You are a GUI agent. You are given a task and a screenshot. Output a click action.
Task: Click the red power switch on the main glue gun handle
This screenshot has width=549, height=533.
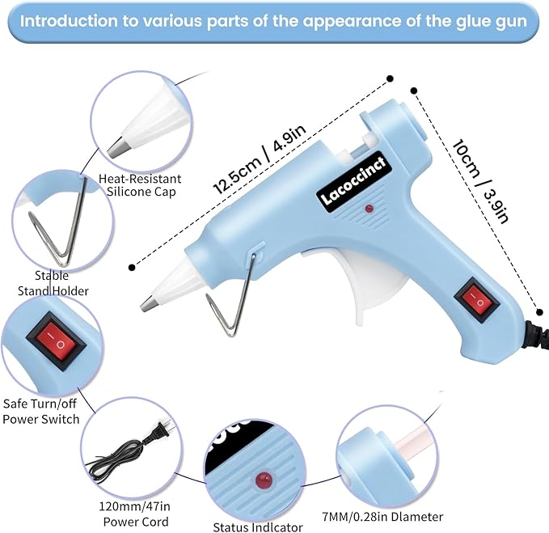[x=476, y=299]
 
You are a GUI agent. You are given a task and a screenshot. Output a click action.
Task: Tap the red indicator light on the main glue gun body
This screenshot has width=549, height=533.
[x=369, y=209]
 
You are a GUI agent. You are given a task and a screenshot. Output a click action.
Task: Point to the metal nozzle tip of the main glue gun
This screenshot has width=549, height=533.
[x=148, y=303]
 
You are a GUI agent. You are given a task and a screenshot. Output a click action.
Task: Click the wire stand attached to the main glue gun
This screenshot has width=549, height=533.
[x=231, y=295]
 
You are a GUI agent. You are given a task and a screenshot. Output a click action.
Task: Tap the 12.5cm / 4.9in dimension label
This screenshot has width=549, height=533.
[x=260, y=159]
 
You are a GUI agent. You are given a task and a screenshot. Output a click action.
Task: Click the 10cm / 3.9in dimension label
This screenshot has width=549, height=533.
[x=479, y=181]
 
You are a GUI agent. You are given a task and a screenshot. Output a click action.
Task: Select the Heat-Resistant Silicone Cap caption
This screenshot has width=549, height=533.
[x=140, y=185]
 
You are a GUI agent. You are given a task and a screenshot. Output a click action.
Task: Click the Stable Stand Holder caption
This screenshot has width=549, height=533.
[x=53, y=283]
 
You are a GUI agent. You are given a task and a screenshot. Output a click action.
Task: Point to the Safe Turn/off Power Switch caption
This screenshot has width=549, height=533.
[x=40, y=412]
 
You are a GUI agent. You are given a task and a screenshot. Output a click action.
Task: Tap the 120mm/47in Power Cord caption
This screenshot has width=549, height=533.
[x=135, y=514]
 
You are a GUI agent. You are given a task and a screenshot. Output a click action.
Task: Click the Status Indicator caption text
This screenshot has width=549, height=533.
[x=258, y=527]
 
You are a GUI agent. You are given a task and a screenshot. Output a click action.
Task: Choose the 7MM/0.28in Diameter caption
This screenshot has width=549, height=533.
[x=382, y=517]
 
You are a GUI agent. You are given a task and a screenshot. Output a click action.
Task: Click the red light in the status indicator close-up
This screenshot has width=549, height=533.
[x=264, y=479]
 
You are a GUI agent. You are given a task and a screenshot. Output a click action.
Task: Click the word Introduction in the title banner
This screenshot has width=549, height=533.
[x=69, y=21]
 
